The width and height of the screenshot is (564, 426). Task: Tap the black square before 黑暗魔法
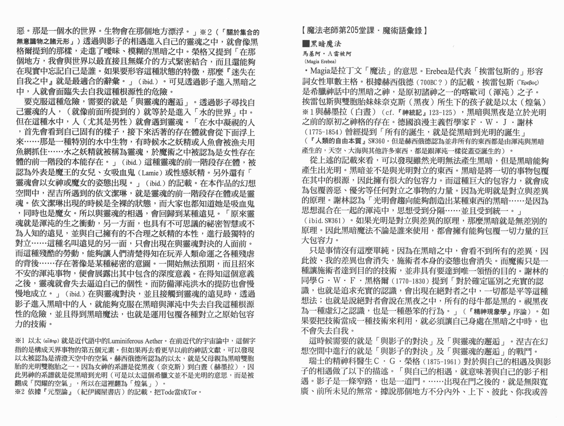[305, 44]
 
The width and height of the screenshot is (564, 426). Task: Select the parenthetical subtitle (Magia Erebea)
[320, 61]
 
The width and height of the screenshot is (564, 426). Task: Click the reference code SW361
[334, 221]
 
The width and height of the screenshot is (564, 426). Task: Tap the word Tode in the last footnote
[167, 392]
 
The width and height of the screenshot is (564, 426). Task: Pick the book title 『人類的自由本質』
[338, 141]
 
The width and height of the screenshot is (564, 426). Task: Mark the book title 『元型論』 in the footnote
[57, 392]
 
